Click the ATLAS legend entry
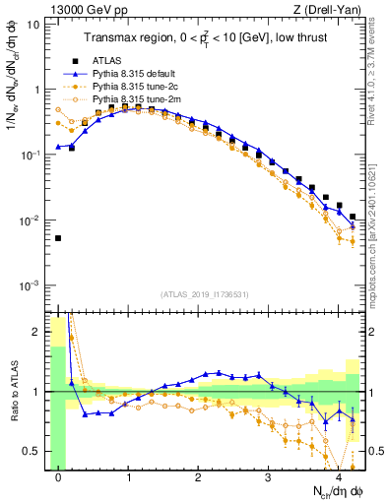(109, 61)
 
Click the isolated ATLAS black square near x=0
(58, 238)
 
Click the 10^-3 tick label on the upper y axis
(30, 285)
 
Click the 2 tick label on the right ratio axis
(375, 332)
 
